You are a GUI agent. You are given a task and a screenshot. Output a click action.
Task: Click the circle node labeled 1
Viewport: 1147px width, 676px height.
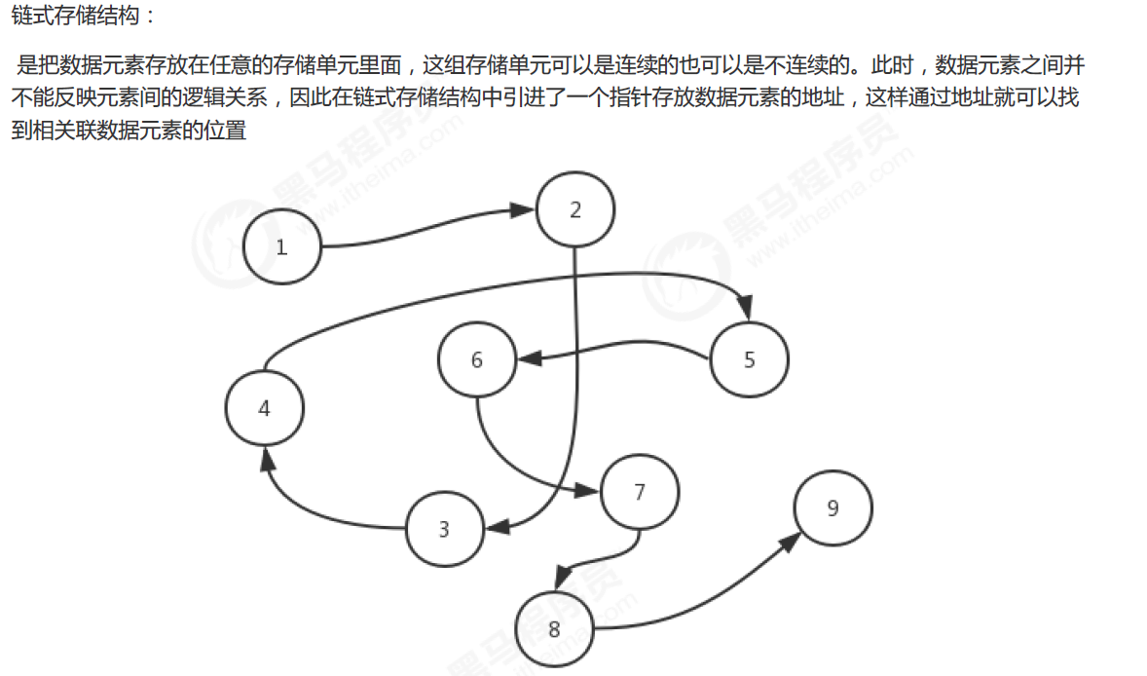click(282, 246)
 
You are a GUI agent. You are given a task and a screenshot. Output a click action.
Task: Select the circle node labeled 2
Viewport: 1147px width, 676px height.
click(575, 209)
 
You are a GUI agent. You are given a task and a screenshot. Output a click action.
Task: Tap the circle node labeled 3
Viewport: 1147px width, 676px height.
click(444, 529)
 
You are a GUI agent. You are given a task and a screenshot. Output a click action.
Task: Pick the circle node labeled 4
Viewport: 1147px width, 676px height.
click(264, 408)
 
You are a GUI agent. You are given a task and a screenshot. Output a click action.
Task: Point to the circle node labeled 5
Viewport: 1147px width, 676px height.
click(749, 359)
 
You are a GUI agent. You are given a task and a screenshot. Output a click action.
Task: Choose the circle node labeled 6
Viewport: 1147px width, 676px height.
click(477, 359)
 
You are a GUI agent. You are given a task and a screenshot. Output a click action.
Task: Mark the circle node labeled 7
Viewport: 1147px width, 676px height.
click(640, 491)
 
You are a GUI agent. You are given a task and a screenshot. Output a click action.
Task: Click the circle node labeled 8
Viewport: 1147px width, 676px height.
click(554, 628)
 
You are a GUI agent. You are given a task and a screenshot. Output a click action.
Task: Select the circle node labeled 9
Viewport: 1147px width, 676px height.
click(832, 507)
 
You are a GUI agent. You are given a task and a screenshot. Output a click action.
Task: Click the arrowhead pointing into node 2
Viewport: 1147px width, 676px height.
click(526, 211)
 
